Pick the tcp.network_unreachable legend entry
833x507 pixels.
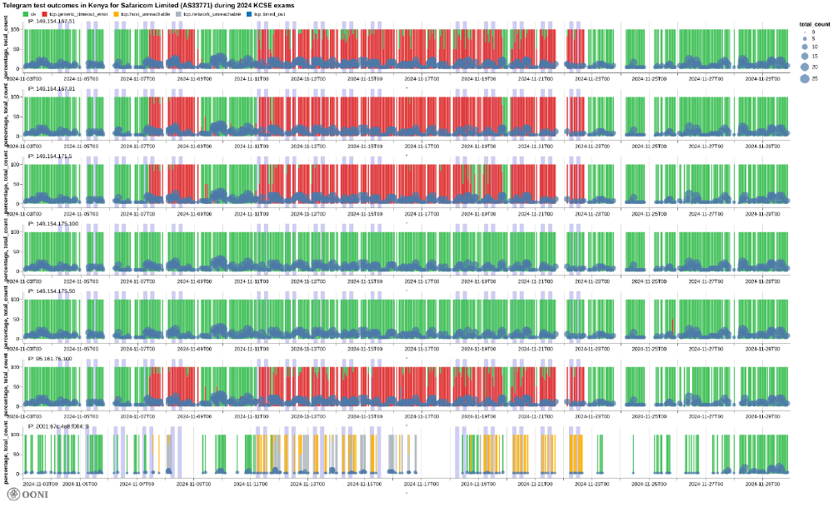(212, 14)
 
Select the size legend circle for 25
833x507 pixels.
(806, 78)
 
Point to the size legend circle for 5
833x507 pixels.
(806, 39)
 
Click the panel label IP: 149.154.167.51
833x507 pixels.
(51, 21)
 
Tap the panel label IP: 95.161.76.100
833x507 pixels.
(51, 359)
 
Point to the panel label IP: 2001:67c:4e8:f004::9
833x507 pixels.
(58, 426)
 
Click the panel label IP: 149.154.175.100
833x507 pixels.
(52, 223)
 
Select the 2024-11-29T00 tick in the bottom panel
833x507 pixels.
(763, 483)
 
